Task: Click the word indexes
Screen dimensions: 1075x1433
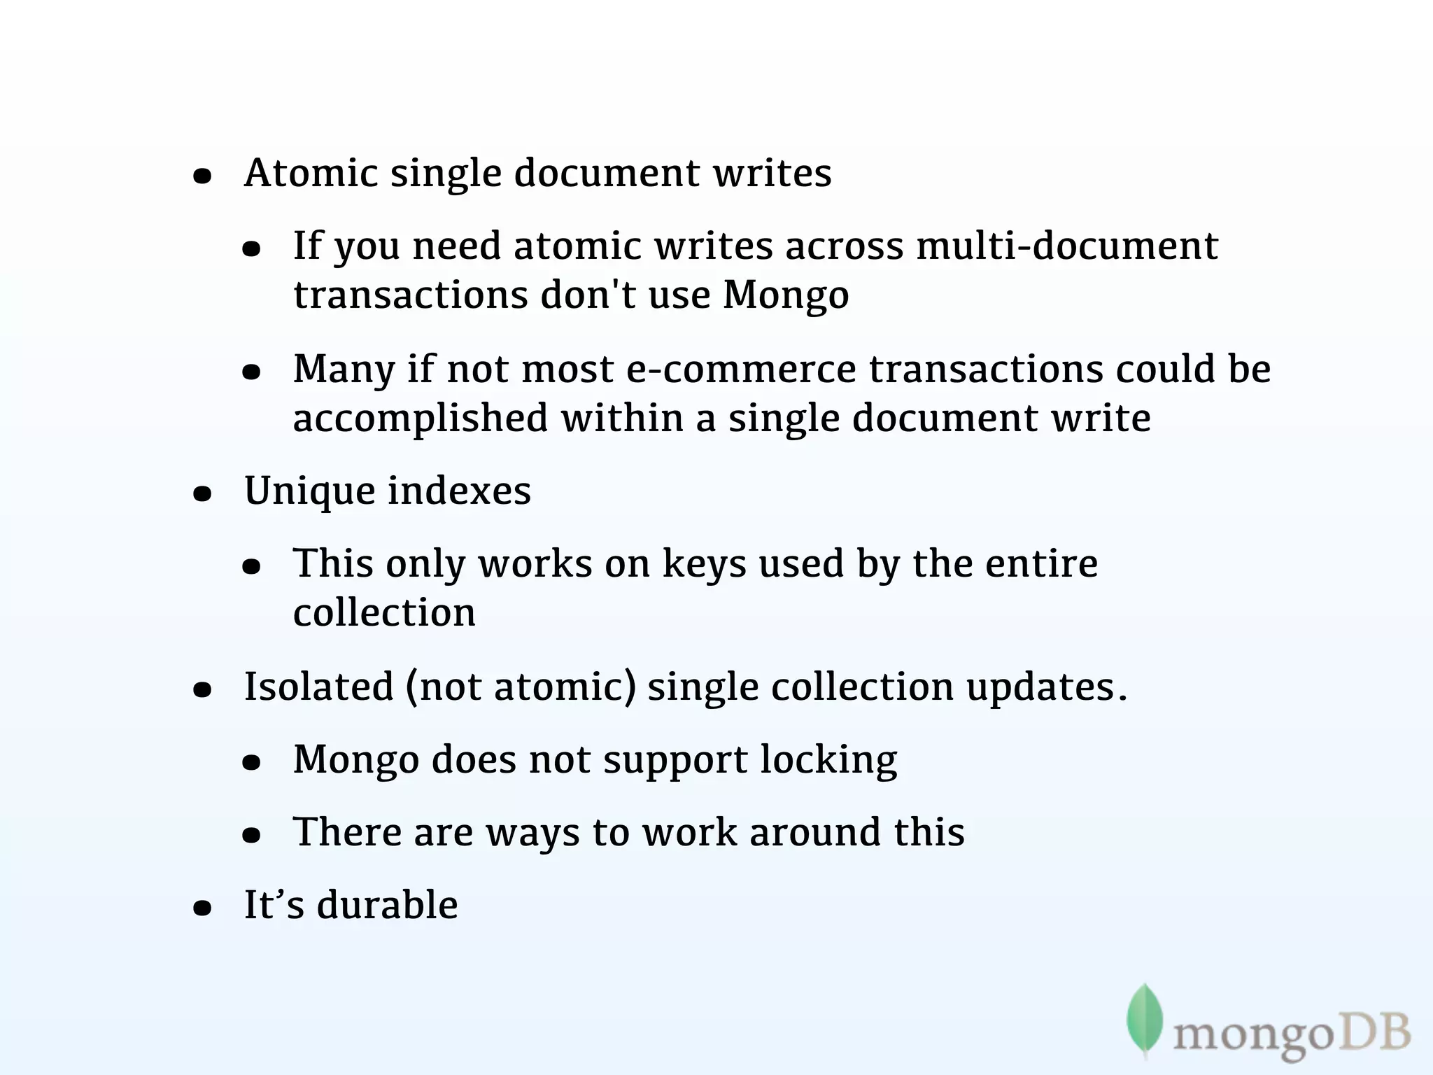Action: (459, 491)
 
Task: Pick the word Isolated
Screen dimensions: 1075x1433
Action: (318, 687)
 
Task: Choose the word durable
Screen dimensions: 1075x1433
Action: (387, 905)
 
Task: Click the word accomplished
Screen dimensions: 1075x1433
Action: (420, 419)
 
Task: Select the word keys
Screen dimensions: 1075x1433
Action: (704, 564)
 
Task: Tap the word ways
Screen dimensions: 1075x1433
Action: (532, 833)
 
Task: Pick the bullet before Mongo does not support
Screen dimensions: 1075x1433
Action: (251, 763)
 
